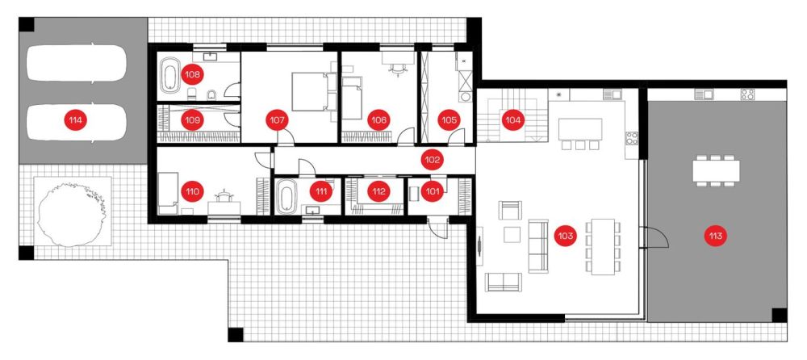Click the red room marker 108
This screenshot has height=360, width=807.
(x=192, y=74)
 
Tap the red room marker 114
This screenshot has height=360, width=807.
(x=74, y=120)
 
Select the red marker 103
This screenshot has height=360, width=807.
(x=565, y=237)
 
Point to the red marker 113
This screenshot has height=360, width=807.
(x=715, y=237)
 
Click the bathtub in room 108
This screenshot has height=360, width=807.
(x=169, y=75)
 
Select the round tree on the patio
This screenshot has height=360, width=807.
(x=72, y=211)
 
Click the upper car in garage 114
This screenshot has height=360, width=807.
(x=76, y=63)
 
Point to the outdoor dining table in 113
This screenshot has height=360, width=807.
(x=715, y=170)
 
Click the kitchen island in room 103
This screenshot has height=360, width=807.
(x=580, y=129)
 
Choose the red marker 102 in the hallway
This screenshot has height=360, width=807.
(x=432, y=160)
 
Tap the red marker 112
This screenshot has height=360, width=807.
(x=378, y=192)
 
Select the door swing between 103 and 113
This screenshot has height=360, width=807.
(x=654, y=238)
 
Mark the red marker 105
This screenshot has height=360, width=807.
(x=447, y=120)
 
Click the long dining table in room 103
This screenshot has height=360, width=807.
(x=603, y=247)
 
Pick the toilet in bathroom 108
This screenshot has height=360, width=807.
(x=211, y=94)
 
